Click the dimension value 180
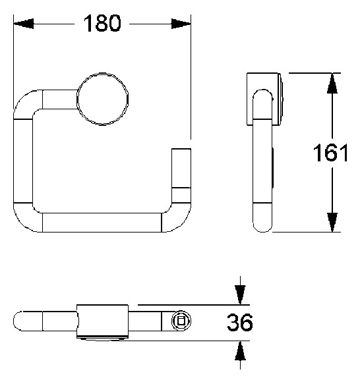click(x=102, y=24)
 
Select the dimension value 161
click(x=330, y=153)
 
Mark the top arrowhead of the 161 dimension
click(x=333, y=83)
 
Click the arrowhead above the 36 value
click(x=241, y=296)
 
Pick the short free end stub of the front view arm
click(x=181, y=167)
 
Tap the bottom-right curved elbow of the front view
click(x=175, y=214)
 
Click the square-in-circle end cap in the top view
click(x=181, y=321)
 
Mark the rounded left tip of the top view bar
click(x=21, y=322)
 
